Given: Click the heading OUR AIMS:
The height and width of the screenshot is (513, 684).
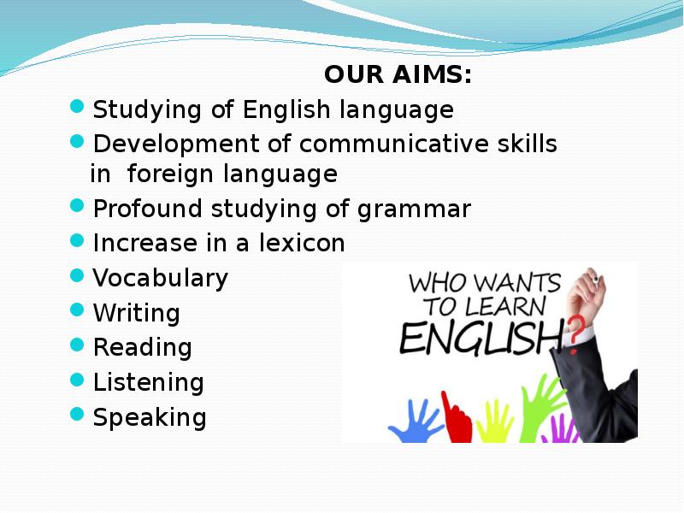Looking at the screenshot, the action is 398,74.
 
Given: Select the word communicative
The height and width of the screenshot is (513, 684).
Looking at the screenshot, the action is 394,143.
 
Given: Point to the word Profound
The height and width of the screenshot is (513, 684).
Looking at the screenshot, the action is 147,208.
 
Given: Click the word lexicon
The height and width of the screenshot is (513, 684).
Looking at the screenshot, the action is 302,243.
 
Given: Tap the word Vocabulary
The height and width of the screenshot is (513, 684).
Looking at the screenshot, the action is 160,279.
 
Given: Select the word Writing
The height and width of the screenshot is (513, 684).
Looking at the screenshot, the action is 136,314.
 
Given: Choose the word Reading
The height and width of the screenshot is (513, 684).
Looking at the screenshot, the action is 142,349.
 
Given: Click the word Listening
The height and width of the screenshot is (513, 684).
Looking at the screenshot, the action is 148,383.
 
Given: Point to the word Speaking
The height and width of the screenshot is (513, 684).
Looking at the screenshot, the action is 150,418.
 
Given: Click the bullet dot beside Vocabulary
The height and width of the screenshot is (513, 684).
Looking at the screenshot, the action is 77,275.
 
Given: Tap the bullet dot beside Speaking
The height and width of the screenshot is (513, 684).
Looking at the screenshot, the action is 77,414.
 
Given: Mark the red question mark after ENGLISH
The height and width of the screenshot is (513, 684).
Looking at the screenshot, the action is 575,333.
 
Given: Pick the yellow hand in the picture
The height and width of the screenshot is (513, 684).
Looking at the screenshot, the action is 495,422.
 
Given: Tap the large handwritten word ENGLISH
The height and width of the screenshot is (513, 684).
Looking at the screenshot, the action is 482,338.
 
